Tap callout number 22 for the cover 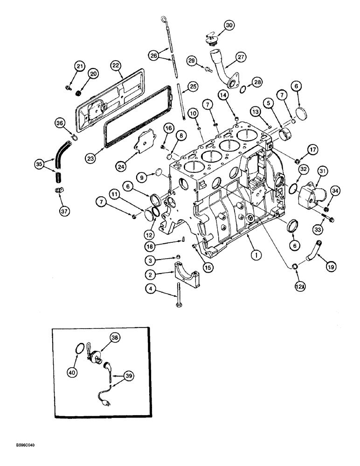click(115, 67)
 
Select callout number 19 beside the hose click(331, 267)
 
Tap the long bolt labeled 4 click(179, 298)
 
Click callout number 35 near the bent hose click(40, 164)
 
